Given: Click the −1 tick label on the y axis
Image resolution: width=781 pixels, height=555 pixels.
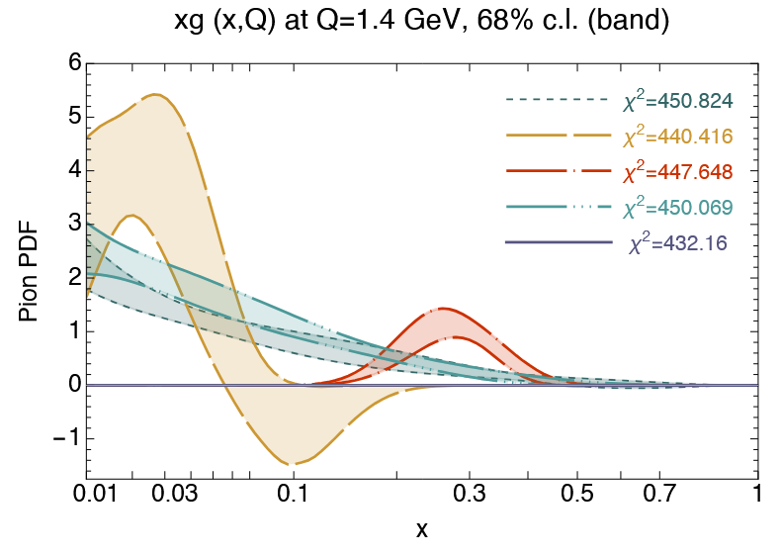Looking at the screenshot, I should (66, 438).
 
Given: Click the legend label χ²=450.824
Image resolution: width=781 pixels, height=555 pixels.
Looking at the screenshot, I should (676, 102).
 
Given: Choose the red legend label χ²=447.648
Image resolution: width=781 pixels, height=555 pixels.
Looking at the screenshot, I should (676, 172).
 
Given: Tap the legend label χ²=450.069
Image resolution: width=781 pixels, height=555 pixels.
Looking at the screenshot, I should (676, 208).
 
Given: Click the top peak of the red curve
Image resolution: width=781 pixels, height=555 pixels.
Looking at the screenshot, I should (444, 308).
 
